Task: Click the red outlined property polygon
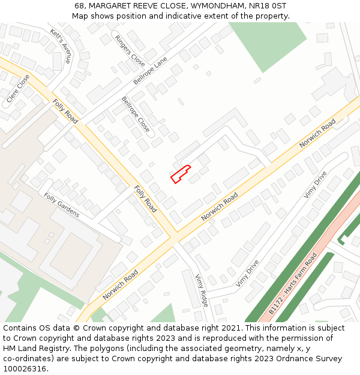pyautogui.click(x=180, y=175)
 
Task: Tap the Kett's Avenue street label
pyautogui.click(x=61, y=46)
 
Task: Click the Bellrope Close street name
pyautogui.click(x=136, y=114)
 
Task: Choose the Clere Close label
pyautogui.click(x=18, y=88)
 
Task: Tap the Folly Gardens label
pyautogui.click(x=61, y=205)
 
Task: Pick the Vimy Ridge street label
pyautogui.click(x=202, y=290)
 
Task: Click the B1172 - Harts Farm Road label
pyautogui.click(x=293, y=284)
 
